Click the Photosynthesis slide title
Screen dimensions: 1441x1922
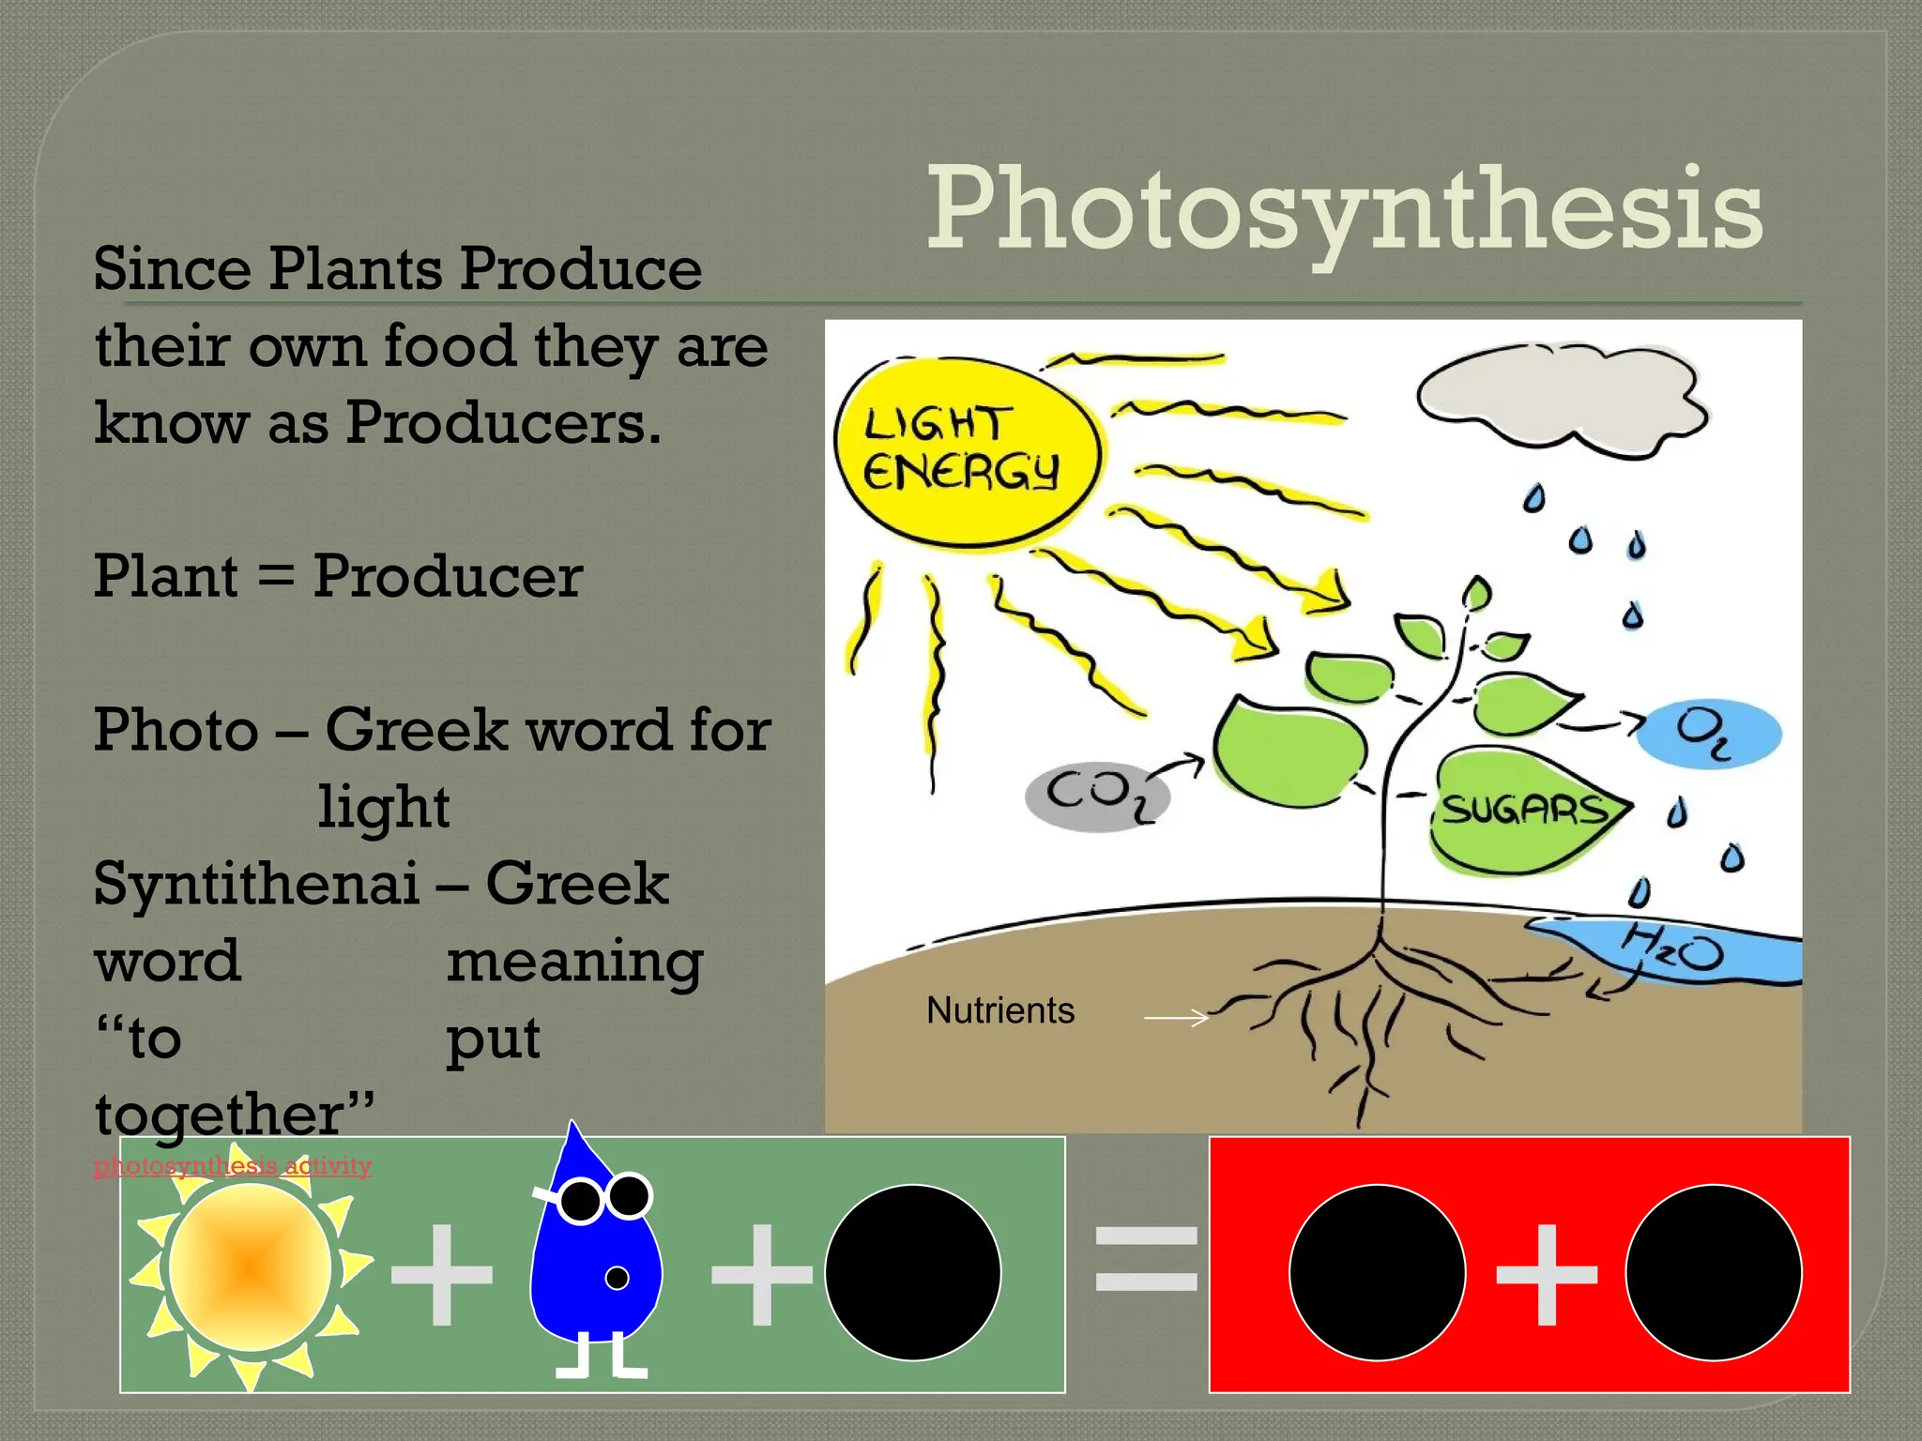(x=1344, y=210)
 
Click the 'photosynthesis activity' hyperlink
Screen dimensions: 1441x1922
(x=233, y=1166)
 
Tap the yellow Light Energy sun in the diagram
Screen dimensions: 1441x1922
(x=967, y=451)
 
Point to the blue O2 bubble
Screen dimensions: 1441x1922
(x=1708, y=734)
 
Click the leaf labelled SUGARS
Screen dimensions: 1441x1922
(x=1526, y=809)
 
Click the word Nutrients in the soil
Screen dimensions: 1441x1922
(x=1000, y=1010)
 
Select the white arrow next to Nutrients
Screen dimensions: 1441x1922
(x=1176, y=1017)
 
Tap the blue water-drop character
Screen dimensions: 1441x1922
(x=595, y=1257)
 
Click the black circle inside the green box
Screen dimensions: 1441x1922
(x=912, y=1272)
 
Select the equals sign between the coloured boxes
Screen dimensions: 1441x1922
(x=1146, y=1258)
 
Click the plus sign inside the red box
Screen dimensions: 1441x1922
(x=1546, y=1273)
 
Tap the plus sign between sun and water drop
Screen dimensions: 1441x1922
(x=441, y=1274)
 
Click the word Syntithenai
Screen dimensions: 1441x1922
(x=256, y=884)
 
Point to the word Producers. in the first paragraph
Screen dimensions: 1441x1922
(x=504, y=422)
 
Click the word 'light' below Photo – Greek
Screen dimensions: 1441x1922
(x=384, y=807)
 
